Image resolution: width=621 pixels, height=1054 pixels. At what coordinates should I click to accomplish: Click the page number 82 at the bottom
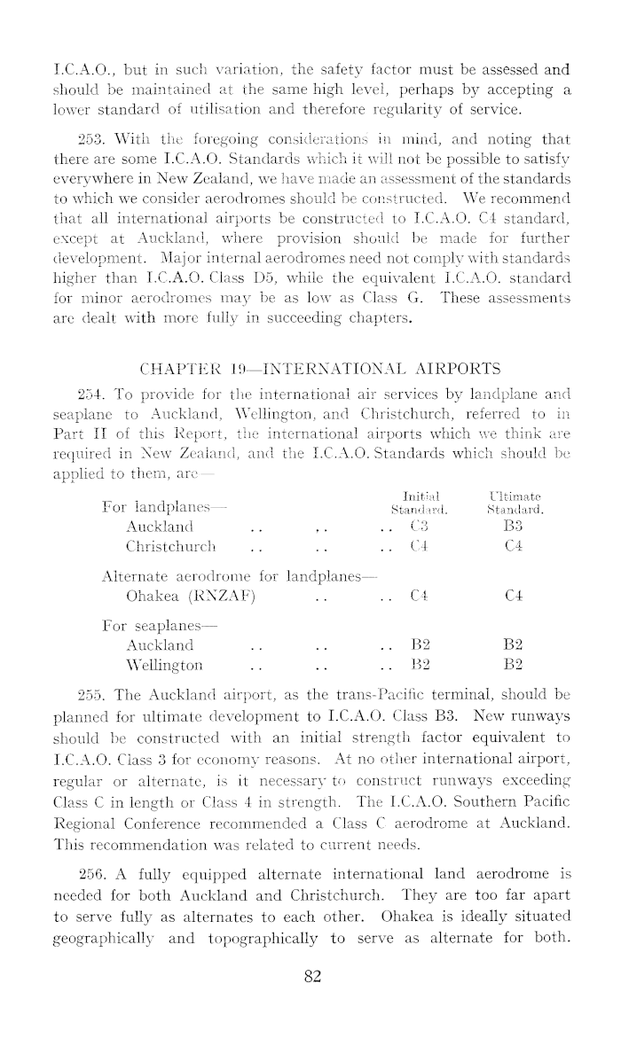coord(310,977)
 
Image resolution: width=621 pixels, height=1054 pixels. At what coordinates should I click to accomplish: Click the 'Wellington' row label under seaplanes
coord(164,666)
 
